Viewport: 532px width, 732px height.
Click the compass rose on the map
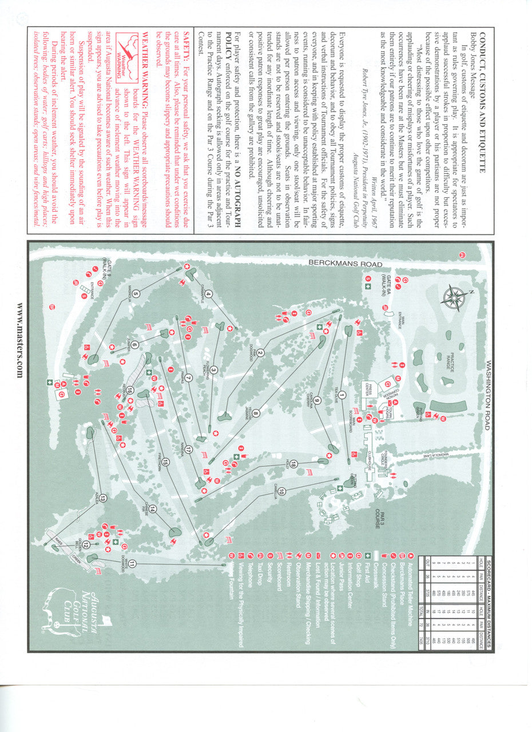[454, 297]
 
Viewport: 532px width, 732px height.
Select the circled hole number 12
[86, 544]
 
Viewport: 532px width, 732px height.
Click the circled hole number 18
[293, 464]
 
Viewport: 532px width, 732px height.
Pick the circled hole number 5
[136, 295]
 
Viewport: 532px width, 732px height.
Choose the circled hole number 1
[342, 395]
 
